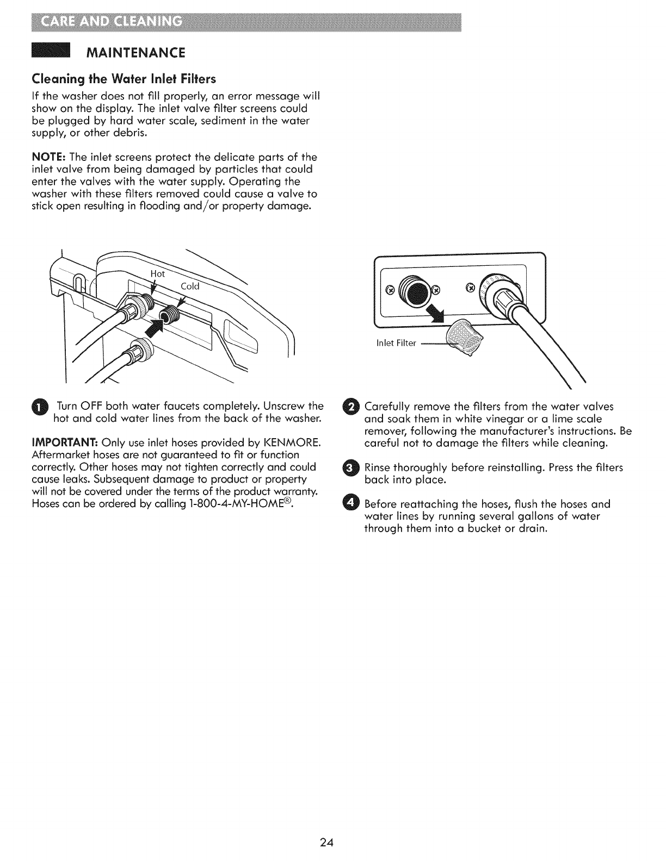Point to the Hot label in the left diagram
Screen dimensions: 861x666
click(x=157, y=274)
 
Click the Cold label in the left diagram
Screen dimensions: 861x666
click(x=190, y=286)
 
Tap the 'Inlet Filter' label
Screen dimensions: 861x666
click(x=396, y=343)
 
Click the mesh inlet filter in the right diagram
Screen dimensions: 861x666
click(x=464, y=340)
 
